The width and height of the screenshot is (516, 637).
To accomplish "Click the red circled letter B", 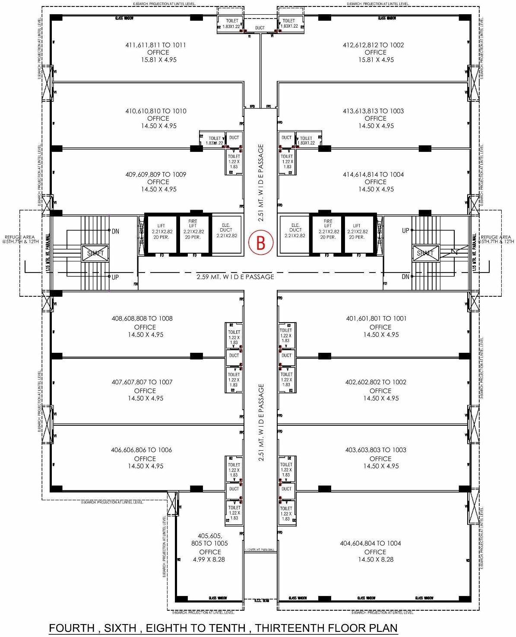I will pyautogui.click(x=260, y=242).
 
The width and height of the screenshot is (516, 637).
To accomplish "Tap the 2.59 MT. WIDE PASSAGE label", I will pyautogui.click(x=235, y=277).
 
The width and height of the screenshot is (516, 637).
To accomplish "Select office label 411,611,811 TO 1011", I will pyautogui.click(x=155, y=45).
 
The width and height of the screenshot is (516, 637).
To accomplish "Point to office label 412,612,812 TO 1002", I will pyautogui.click(x=373, y=45).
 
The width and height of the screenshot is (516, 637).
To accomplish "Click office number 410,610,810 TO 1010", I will pyautogui.click(x=155, y=111).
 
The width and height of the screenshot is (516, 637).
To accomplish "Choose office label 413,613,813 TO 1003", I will pyautogui.click(x=373, y=111).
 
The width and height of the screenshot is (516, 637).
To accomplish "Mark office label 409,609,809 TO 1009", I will pyautogui.click(x=155, y=174).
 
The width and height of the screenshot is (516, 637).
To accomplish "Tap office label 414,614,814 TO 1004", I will pyautogui.click(x=373, y=174).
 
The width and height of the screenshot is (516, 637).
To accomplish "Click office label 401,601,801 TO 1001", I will pyautogui.click(x=376, y=318).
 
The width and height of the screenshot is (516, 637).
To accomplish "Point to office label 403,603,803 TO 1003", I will pyautogui.click(x=376, y=450).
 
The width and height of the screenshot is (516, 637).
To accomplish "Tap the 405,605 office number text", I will pyautogui.click(x=209, y=536).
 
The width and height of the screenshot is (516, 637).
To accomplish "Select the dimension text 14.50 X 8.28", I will pyautogui.click(x=376, y=559).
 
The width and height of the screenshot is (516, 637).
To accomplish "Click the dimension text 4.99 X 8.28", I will pyautogui.click(x=209, y=559).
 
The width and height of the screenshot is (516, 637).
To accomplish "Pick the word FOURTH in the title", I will pyautogui.click(x=72, y=628).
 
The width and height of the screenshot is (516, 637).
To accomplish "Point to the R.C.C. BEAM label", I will pyautogui.click(x=260, y=601).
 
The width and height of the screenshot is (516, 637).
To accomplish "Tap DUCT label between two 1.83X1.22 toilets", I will pyautogui.click(x=260, y=28).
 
